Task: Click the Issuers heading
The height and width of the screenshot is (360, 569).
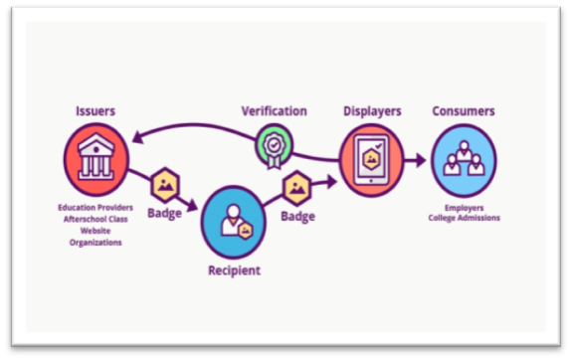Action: (95, 111)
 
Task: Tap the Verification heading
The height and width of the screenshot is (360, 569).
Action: (275, 111)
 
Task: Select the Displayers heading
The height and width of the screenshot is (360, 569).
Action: (372, 111)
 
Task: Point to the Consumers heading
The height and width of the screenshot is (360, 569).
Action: (464, 111)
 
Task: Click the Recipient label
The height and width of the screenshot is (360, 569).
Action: (235, 270)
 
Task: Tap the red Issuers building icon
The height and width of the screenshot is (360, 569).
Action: (96, 160)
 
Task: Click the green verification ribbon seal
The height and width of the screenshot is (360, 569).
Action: (274, 146)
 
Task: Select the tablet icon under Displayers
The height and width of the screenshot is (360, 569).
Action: (372, 160)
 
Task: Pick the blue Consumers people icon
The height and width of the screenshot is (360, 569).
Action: (464, 160)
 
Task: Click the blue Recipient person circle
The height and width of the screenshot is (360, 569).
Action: (234, 222)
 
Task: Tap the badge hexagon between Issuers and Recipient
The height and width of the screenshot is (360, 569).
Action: (165, 185)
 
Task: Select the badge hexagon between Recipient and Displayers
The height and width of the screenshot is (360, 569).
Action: (297, 188)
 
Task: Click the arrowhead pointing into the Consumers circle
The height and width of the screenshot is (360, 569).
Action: (421, 160)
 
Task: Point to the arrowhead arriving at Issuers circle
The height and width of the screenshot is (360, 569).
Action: (138, 137)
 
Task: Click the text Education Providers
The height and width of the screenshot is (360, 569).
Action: (95, 208)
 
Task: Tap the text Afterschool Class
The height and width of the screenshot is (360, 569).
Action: (95, 219)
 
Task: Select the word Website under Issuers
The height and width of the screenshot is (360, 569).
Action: (95, 231)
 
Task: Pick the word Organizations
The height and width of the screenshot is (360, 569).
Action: (95, 243)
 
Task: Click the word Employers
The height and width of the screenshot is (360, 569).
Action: (465, 208)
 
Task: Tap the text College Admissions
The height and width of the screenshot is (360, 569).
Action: (465, 218)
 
